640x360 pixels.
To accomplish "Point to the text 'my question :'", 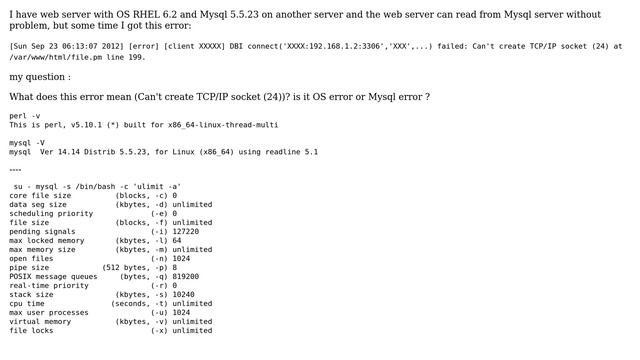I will click(x=39, y=76).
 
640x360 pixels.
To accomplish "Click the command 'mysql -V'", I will click(x=27, y=143).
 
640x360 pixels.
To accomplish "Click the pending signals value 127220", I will click(x=186, y=231).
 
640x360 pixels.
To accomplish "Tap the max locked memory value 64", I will click(x=177, y=240).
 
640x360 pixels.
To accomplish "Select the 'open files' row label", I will click(x=32, y=258).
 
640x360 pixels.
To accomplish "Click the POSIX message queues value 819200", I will click(x=186, y=276).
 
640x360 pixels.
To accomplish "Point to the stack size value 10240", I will click(x=184, y=294).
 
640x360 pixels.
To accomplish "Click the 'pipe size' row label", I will click(x=30, y=267).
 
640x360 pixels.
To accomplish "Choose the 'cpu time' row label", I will click(x=28, y=303).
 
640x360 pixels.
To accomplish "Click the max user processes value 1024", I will click(x=181, y=312).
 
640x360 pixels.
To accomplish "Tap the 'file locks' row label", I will click(x=32, y=330).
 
